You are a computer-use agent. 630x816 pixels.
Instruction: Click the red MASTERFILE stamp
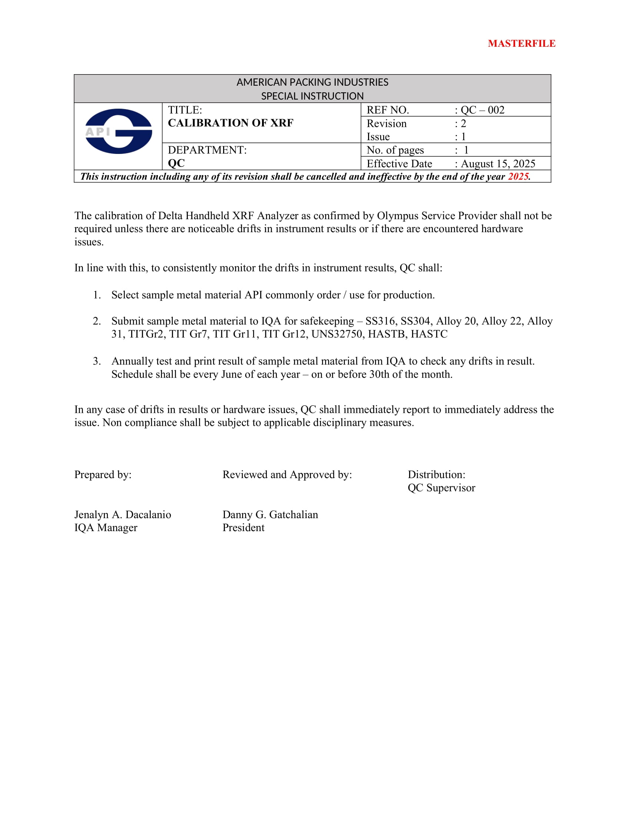click(521, 44)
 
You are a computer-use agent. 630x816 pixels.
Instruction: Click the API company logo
click(118, 131)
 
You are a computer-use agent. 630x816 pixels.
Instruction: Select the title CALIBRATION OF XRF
click(230, 123)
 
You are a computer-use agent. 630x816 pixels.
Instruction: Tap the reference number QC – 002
click(482, 110)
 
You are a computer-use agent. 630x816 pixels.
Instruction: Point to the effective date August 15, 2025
click(498, 164)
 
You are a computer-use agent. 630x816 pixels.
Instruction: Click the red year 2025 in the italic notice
click(518, 176)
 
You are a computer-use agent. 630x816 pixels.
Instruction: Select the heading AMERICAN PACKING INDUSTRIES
click(312, 82)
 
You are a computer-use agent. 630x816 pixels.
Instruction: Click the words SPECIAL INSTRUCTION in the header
click(312, 96)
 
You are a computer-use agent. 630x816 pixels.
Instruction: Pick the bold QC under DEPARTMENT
click(176, 163)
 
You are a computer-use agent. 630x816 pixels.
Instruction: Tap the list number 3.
click(97, 361)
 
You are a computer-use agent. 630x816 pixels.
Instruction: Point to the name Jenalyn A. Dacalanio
click(122, 514)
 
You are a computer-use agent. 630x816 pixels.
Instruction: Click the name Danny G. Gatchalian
click(270, 514)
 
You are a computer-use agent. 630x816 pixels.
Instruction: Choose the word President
click(243, 527)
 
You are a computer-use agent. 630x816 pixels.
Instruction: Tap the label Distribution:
click(436, 474)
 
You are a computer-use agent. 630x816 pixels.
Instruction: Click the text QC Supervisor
click(441, 488)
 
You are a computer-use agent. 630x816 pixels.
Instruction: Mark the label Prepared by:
click(103, 474)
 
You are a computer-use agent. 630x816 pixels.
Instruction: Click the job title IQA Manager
click(106, 527)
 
